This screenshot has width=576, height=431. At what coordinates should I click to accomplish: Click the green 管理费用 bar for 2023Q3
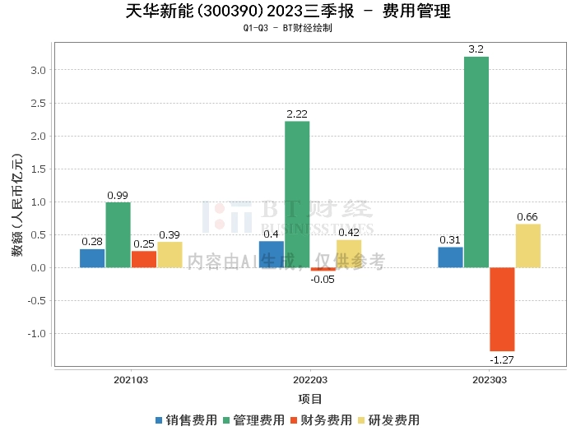pos(476,162)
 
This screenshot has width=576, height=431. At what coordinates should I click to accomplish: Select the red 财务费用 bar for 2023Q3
pos(502,309)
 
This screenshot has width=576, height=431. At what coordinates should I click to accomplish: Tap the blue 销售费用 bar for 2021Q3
pos(92,258)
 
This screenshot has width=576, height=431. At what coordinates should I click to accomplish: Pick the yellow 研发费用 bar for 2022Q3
pos(349,253)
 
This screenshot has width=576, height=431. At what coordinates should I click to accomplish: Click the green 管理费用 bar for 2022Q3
pos(297,194)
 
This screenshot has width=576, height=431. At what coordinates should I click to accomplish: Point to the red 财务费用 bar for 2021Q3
pos(144,259)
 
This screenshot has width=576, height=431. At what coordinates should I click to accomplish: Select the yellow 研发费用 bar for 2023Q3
pos(528,246)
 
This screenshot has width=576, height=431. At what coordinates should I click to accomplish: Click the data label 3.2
pos(476,49)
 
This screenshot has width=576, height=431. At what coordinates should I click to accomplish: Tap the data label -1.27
pos(502,359)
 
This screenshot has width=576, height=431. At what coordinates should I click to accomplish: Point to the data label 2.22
pos(297,114)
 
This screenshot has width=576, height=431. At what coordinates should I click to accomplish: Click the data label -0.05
pos(323,280)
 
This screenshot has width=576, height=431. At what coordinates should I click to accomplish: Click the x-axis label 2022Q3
pos(310,380)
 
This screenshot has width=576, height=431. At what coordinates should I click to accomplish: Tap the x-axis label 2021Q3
pos(131,380)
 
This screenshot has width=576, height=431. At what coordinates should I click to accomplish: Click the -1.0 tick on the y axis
pos(37,334)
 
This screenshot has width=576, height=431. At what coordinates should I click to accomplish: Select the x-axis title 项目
pos(310,399)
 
